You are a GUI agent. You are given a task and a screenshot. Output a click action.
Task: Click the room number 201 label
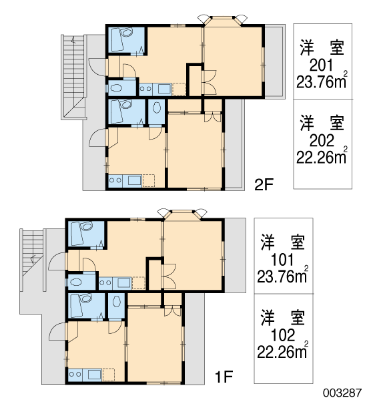tap(322, 65)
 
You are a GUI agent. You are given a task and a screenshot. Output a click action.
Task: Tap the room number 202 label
tap(322, 140)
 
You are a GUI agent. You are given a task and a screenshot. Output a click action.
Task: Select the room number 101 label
tap(282, 260)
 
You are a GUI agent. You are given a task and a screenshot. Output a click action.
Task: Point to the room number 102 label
tap(283, 335)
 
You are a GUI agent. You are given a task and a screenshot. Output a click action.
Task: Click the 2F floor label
tap(264, 184)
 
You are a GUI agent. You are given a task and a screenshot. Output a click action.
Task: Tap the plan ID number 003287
tap(342, 393)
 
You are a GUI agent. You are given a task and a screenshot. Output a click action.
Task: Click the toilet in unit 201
tap(117, 89)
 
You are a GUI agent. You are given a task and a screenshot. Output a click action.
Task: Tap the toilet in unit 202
tap(157, 108)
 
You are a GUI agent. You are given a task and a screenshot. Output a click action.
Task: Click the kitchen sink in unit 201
tap(164, 89)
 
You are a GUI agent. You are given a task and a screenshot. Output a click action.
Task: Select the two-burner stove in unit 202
tap(115, 180)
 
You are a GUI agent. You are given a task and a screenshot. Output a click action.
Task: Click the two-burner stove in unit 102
tap(75, 375)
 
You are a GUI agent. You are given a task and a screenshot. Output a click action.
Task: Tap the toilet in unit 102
tap(117, 302)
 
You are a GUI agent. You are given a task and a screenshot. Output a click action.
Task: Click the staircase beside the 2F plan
tap(74, 77)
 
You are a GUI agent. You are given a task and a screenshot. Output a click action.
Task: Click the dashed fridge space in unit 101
tap(139, 283)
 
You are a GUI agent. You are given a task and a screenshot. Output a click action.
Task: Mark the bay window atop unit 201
tap(223, 21)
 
